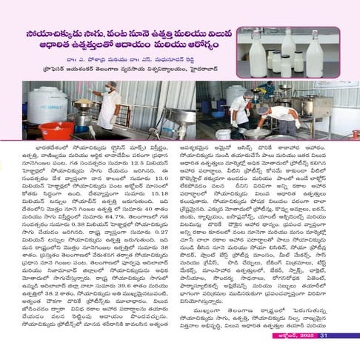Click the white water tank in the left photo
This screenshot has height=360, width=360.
coord(46,104)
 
